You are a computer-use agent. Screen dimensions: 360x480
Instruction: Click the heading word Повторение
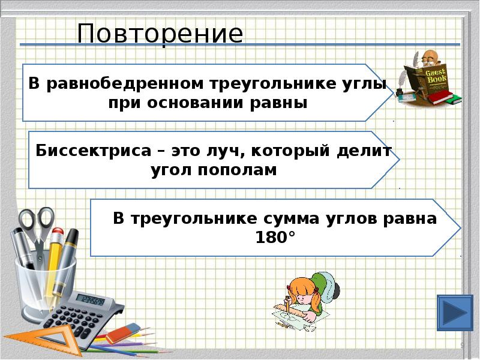pyautogui.click(x=160, y=34)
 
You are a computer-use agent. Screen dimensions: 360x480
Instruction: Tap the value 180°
pyautogui.click(x=275, y=237)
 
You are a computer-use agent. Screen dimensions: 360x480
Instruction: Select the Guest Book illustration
pyautogui.click(x=430, y=78)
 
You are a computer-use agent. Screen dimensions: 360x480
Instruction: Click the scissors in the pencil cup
pyautogui.click(x=36, y=231)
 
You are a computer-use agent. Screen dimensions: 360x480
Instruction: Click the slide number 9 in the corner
pyautogui.click(x=462, y=345)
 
